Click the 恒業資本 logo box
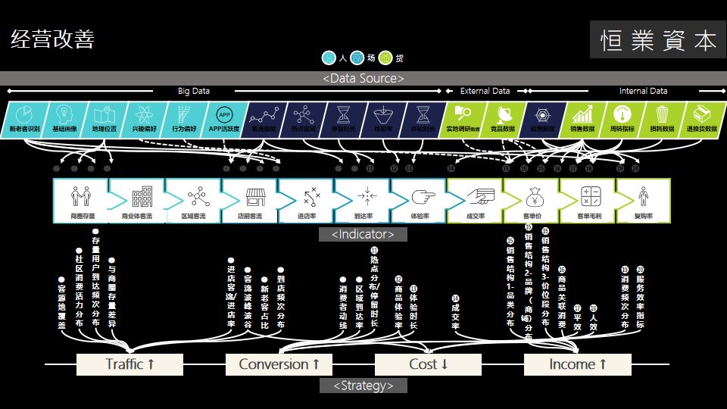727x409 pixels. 657,41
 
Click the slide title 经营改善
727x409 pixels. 52,39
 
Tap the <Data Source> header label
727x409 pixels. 363,78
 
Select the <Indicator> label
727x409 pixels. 363,234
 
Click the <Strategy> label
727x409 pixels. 363,386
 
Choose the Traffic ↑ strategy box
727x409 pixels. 130,364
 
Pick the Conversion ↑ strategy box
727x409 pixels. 279,364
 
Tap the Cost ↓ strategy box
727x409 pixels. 429,364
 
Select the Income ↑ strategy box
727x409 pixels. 578,364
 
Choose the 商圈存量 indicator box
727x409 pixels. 80,201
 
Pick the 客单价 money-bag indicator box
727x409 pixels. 532,201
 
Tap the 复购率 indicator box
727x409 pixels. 644,201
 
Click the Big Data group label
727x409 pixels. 194,91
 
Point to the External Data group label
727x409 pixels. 485,91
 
